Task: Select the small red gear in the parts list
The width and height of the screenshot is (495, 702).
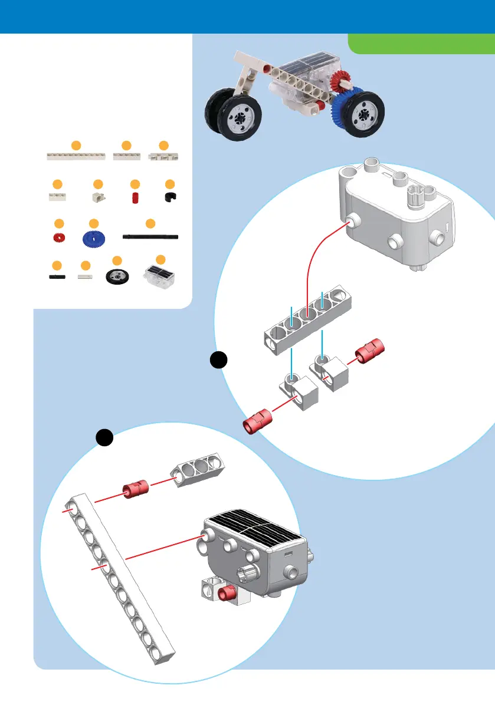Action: tap(58, 238)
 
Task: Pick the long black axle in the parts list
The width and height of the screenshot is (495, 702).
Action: tap(150, 236)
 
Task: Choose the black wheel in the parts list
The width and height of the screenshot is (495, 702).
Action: tap(117, 276)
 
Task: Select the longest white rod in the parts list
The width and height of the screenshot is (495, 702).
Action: tap(76, 156)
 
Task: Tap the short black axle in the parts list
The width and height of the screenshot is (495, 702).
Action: tap(57, 275)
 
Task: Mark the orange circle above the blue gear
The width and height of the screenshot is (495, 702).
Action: tap(93, 223)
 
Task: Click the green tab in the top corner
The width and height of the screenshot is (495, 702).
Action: tap(421, 42)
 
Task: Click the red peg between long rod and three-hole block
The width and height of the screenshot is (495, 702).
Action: tap(136, 490)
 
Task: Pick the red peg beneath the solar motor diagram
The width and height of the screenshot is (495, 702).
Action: tap(225, 592)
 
